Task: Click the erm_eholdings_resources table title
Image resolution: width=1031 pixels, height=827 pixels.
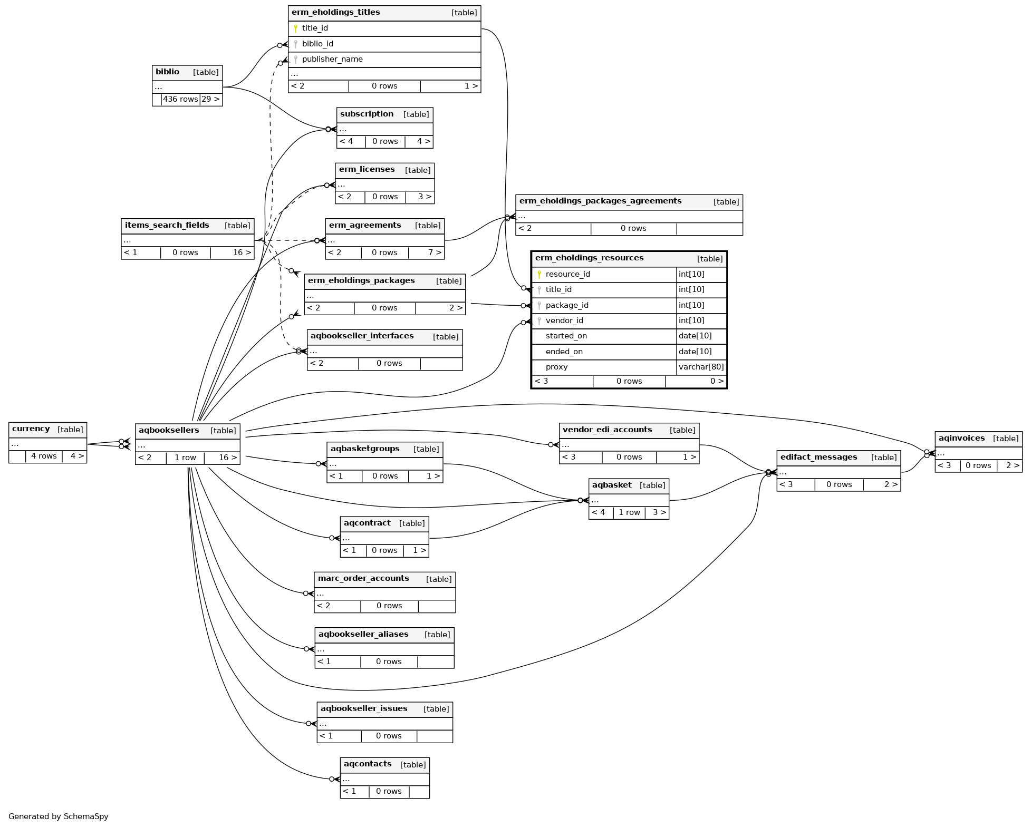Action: (589, 258)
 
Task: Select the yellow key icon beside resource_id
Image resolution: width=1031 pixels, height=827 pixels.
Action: (539, 275)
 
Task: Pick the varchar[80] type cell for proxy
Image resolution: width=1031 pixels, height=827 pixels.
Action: (701, 367)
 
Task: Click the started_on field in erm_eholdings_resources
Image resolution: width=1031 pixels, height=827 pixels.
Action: (566, 336)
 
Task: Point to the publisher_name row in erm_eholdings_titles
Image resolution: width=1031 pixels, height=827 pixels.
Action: (332, 59)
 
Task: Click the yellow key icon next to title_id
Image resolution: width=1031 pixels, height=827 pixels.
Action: (295, 28)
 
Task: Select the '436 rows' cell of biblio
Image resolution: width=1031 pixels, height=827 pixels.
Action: (180, 99)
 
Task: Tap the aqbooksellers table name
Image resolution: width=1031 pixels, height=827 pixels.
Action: (169, 430)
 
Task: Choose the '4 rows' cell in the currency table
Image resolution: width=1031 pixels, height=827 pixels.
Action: (44, 456)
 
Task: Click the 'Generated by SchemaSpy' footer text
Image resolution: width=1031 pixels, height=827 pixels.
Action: (59, 816)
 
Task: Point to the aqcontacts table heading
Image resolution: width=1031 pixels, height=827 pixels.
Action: (368, 764)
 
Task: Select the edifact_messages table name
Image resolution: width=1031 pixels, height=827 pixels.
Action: (818, 457)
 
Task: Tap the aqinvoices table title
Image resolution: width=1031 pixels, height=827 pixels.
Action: (961, 438)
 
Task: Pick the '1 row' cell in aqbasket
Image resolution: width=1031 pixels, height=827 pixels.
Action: (629, 512)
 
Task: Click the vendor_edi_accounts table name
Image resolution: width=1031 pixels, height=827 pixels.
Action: (607, 430)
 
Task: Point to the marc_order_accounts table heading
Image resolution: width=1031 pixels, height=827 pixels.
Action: (363, 578)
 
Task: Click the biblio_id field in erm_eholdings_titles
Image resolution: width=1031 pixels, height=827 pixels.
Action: (317, 44)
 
